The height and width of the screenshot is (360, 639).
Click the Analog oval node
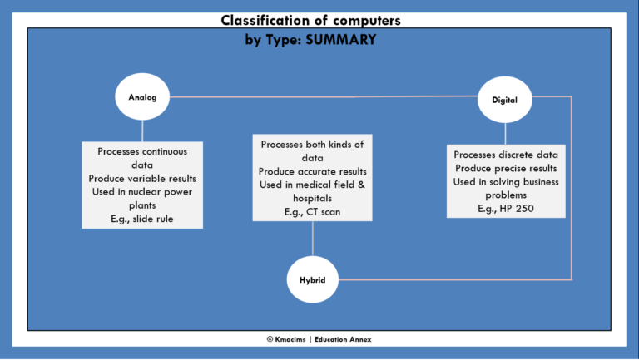(x=142, y=97)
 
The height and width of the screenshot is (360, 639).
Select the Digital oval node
(x=505, y=101)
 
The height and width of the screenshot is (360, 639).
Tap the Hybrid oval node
(x=312, y=279)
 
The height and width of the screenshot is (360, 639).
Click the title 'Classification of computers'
(x=312, y=20)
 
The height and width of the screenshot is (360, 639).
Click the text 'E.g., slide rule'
(x=142, y=219)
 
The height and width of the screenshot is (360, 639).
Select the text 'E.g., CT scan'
(x=312, y=212)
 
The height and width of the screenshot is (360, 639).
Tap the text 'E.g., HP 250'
(x=506, y=208)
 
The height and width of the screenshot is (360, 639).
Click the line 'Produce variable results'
(x=142, y=178)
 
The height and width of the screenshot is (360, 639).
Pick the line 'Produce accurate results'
(x=312, y=171)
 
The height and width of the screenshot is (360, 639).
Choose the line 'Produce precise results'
(x=506, y=168)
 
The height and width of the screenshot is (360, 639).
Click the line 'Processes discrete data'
(x=506, y=155)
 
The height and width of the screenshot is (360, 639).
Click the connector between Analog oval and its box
(x=142, y=130)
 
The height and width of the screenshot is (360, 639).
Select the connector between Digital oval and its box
(x=505, y=133)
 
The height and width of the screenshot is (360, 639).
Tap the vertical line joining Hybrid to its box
(x=312, y=239)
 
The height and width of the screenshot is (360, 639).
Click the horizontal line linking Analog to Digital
(x=324, y=96)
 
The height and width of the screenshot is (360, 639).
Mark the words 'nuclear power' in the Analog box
(x=165, y=191)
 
